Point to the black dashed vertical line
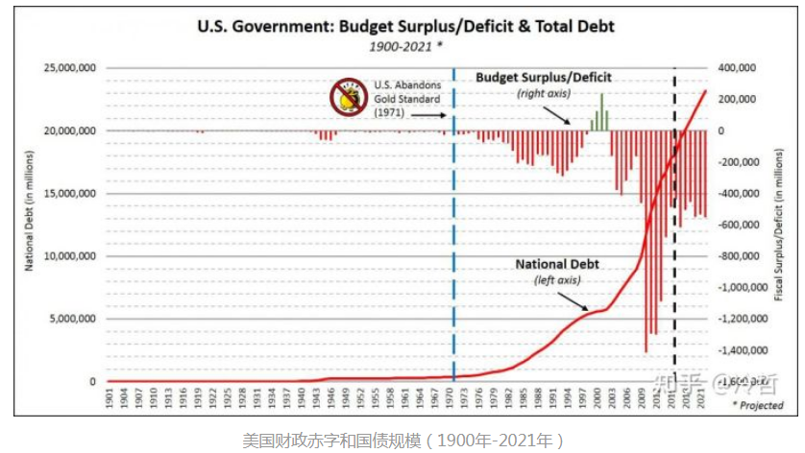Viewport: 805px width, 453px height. (x=673, y=240)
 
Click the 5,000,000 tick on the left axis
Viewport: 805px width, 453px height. (x=74, y=319)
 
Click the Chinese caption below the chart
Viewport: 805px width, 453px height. (x=401, y=440)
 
